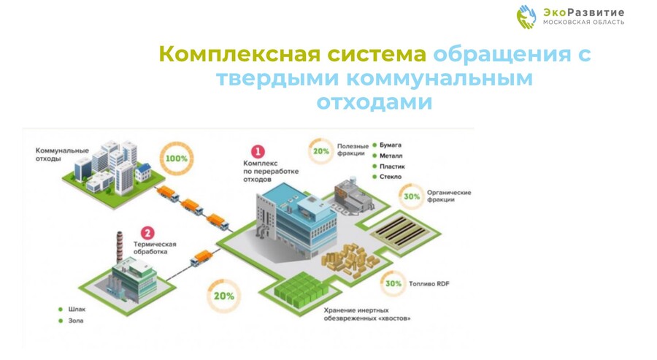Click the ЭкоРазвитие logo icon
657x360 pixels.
[x=526, y=17]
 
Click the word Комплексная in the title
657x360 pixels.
[x=239, y=55]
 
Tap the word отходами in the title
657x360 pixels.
[x=374, y=102]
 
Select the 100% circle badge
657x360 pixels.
[x=177, y=158]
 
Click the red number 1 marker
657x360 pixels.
[x=258, y=151]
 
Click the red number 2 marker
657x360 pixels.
[x=147, y=233]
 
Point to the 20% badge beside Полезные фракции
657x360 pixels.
[x=321, y=151]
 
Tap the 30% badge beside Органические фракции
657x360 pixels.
[x=412, y=196]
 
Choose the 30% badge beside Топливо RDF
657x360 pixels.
[x=393, y=284]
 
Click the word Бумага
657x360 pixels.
[x=391, y=145]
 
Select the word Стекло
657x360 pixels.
[x=391, y=177]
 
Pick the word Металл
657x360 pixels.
[x=391, y=156]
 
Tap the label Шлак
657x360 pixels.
[x=77, y=310]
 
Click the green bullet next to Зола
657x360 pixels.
[x=61, y=321]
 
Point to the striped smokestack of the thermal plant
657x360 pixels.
[x=120, y=248]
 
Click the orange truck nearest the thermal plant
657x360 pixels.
[x=201, y=258]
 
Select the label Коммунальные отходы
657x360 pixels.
[x=62, y=155]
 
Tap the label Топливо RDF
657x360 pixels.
[x=429, y=284]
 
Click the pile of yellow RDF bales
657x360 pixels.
[x=350, y=260]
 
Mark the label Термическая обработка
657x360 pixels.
[x=155, y=248]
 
